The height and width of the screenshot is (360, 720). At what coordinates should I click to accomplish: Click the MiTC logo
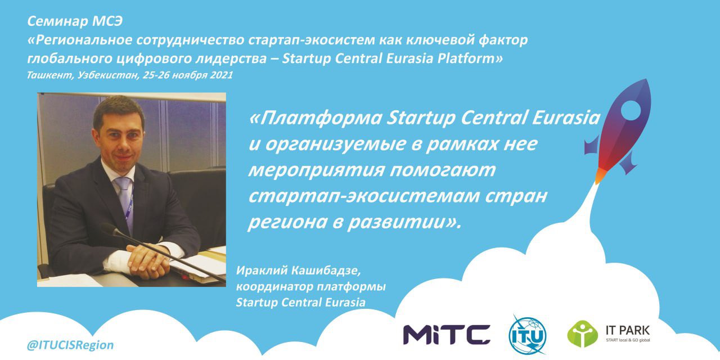pyautogui.click(x=447, y=335)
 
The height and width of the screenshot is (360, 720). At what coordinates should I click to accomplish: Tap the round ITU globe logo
pyautogui.click(x=528, y=335)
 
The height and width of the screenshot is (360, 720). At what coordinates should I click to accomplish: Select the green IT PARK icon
pyautogui.click(x=582, y=334)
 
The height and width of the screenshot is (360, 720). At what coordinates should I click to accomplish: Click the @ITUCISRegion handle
pyautogui.click(x=70, y=345)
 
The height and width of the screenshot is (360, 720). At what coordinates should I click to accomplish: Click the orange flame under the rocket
pyautogui.click(x=600, y=175)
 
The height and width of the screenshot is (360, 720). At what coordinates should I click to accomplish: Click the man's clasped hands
pyautogui.click(x=148, y=260)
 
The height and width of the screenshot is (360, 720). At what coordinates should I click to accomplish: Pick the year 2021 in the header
pyautogui.click(x=221, y=75)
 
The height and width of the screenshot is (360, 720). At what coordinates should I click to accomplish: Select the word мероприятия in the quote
pyautogui.click(x=316, y=170)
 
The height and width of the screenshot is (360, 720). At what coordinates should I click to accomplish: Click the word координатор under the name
pyautogui.click(x=275, y=287)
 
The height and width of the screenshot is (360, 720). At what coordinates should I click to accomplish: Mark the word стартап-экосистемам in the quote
pyautogui.click(x=363, y=196)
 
